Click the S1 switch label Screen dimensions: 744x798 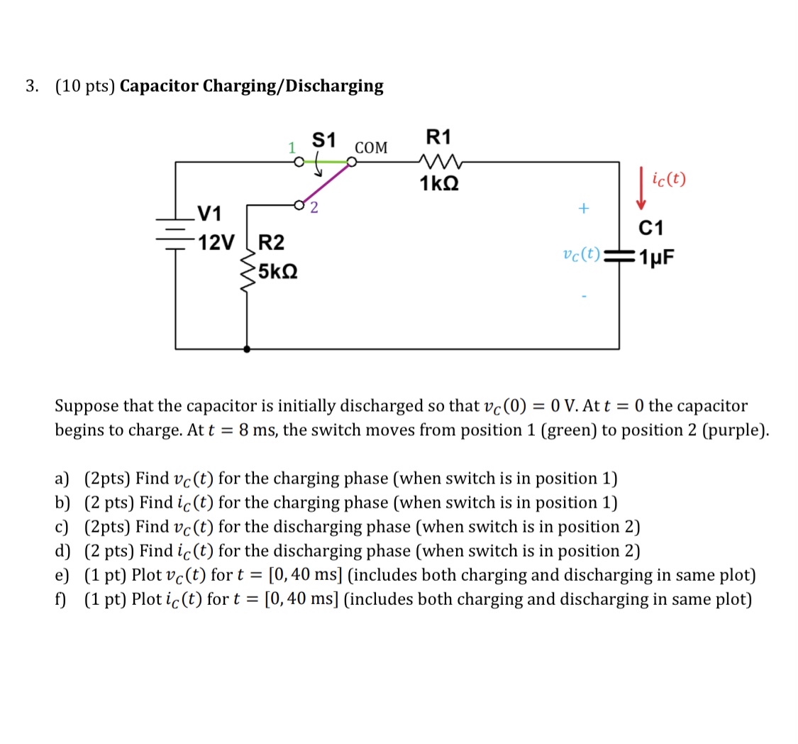click(324, 140)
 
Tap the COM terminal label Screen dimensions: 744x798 click(371, 148)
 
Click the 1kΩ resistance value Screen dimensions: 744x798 click(439, 183)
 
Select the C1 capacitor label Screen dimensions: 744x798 click(651, 228)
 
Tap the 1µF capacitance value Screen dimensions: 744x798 click(656, 257)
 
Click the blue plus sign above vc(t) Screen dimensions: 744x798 click(583, 209)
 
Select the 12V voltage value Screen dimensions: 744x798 click(216, 243)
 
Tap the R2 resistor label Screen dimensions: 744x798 click(271, 242)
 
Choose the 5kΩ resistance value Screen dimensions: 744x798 click(277, 271)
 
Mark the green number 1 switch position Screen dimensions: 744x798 click(291, 148)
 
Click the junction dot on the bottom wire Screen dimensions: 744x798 click(246, 349)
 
